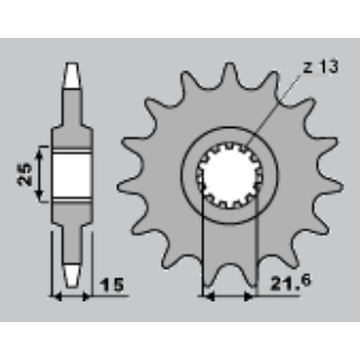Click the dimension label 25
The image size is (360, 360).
click(24, 174)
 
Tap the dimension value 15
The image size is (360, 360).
click(112, 285)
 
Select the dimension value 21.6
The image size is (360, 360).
click(291, 283)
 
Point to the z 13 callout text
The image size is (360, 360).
click(321, 67)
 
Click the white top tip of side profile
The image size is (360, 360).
click(72, 75)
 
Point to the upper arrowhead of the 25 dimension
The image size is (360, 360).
click(40, 152)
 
